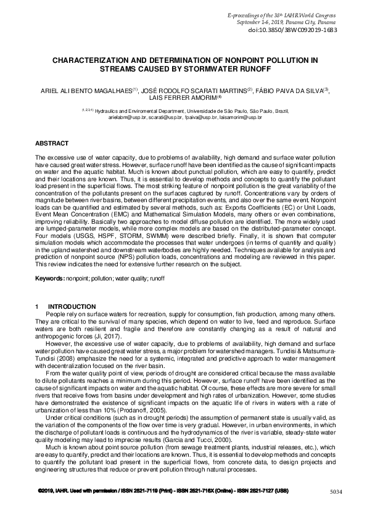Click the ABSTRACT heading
(52, 143)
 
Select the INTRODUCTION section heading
(72, 307)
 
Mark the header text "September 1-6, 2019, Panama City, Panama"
(297, 21)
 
